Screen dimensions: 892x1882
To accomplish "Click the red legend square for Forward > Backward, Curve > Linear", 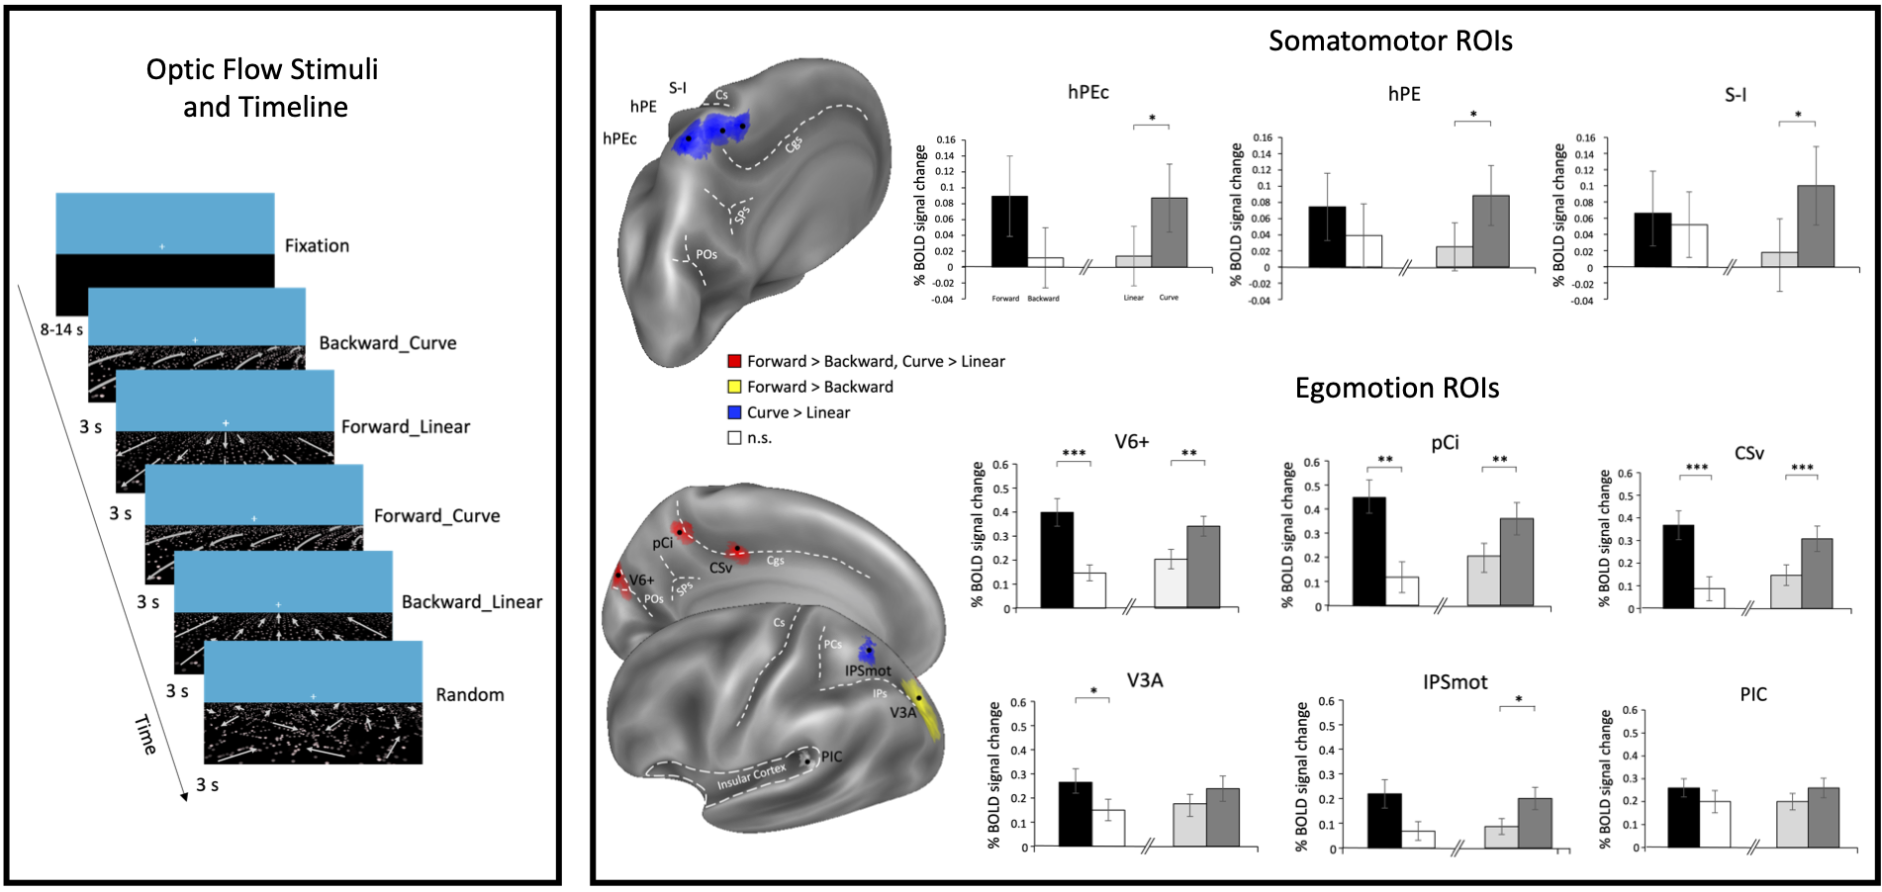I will pos(734,361).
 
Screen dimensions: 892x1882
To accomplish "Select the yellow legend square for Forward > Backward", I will pos(734,387).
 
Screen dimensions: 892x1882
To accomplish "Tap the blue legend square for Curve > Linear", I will pos(734,412).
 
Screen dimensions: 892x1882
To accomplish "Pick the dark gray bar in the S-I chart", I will pos(1816,226).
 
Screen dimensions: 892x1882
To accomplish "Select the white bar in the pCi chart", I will pos(1401,590).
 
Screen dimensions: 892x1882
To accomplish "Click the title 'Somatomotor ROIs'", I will pos(1390,41).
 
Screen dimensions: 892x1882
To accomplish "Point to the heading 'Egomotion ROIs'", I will pos(1397,388).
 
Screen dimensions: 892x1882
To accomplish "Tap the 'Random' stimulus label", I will pos(470,695).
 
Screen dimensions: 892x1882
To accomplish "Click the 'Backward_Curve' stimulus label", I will pos(388,343).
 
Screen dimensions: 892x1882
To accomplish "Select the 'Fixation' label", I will pos(317,246).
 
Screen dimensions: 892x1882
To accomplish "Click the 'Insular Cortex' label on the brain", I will pos(751,776).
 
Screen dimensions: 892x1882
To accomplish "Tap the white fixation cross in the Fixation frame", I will pos(162,246).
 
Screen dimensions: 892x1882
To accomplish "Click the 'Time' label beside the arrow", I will pos(145,735).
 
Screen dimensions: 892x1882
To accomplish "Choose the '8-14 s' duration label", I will pos(61,329).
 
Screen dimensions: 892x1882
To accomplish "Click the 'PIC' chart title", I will pos(1753,694).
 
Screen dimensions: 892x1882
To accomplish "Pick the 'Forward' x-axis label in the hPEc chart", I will pos(1005,298).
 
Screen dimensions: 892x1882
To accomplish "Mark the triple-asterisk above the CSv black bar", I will pos(1696,468).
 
